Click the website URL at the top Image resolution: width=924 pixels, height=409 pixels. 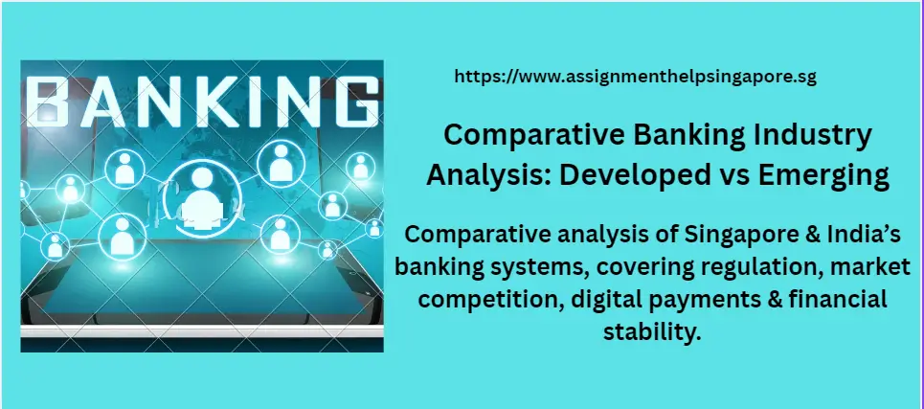click(x=634, y=78)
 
